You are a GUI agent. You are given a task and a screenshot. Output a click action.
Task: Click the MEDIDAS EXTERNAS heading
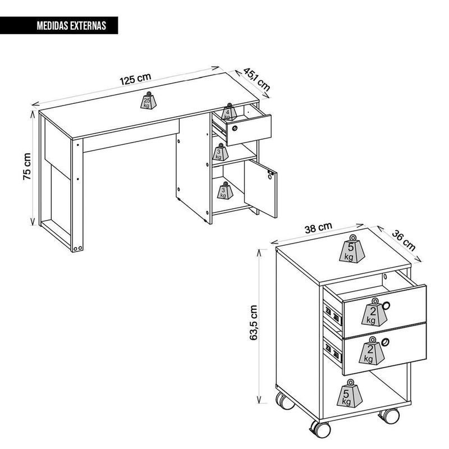pos(71,26)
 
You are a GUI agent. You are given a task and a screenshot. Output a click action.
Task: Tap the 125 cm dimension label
pos(135,79)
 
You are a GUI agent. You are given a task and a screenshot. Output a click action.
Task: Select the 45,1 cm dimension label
pos(256,79)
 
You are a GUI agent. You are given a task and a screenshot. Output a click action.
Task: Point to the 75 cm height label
pos(27,166)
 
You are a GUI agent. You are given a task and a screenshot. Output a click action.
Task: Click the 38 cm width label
pos(318,227)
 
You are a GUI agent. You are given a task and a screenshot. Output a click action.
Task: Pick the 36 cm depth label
pos(403,241)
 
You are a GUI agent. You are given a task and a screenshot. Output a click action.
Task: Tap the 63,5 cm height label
pos(254,322)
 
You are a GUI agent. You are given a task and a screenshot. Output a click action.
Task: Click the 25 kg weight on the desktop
pos(148,100)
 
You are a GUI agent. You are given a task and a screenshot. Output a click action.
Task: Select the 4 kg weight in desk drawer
pos(229,112)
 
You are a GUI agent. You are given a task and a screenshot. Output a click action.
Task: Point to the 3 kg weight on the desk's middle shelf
pos(220,152)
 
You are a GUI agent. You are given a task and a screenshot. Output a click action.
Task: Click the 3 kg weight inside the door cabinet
pos(226,190)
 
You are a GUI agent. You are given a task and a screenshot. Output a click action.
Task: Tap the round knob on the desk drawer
pos(235,128)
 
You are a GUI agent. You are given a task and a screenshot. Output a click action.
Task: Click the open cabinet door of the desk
pos(260,189)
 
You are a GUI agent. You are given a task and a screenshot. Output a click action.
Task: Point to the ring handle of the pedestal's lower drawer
pos(386,342)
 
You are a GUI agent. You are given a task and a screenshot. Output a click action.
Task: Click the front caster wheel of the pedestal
pos(320,429)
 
